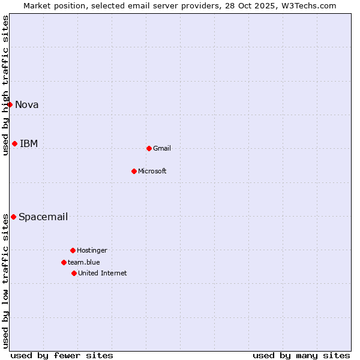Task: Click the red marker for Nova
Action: coord(10,105)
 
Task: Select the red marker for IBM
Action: coord(14,143)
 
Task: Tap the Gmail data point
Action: coord(149,148)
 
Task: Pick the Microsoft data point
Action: coord(134,171)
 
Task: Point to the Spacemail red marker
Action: coord(13,217)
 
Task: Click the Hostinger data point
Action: coord(73,250)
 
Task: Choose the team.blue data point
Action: coord(64,262)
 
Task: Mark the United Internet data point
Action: coord(74,273)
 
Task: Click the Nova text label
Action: coord(27,105)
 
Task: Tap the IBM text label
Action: coord(29,143)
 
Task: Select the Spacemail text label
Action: coord(43,217)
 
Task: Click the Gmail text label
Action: coord(162,148)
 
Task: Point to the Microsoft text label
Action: coord(152,171)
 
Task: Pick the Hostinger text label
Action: coord(92,250)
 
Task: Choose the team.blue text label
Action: coord(84,262)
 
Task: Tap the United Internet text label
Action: coord(103,273)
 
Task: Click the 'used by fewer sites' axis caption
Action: coord(62,355)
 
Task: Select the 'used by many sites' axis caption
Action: coord(301,355)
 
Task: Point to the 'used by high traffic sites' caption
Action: coord(5,85)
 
